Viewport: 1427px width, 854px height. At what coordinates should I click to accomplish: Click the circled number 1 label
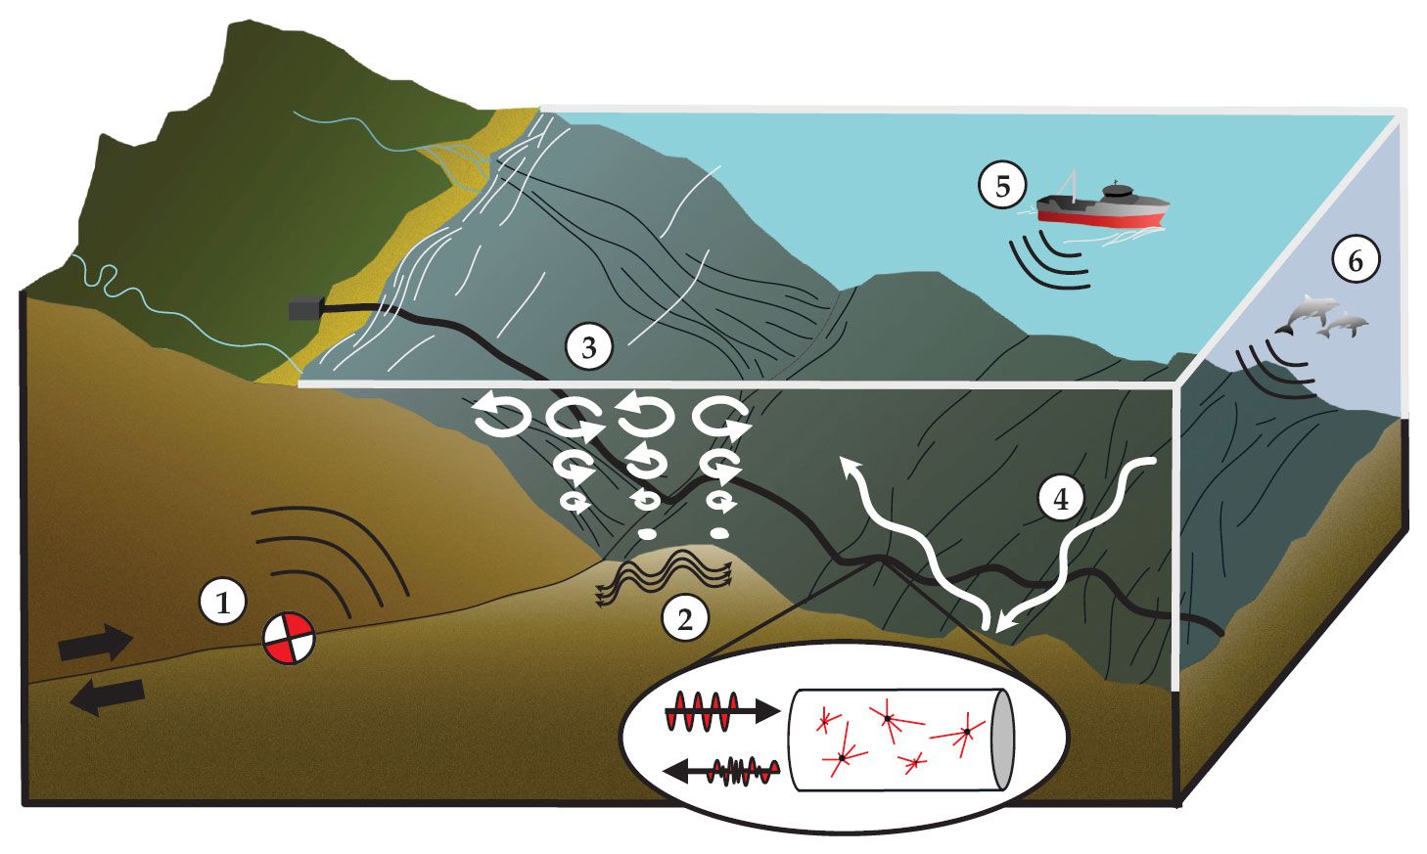(x=224, y=602)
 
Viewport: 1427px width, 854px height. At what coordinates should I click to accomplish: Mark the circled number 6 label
(x=1355, y=260)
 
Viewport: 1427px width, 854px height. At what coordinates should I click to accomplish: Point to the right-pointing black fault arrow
(x=95, y=643)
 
